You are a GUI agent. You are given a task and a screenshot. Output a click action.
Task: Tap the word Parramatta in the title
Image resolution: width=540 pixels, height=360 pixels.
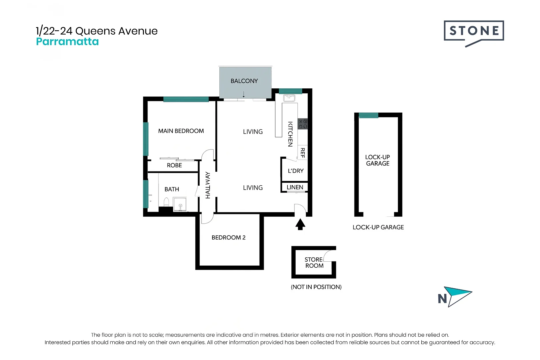[67, 42]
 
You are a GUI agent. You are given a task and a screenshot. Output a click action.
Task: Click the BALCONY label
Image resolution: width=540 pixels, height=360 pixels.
[244, 81]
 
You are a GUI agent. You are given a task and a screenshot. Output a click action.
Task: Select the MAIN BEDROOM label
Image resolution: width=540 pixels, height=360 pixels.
[181, 131]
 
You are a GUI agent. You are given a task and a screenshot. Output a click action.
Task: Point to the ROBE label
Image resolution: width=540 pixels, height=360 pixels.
[174, 165]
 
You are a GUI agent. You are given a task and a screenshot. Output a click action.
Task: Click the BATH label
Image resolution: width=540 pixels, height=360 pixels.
[172, 189]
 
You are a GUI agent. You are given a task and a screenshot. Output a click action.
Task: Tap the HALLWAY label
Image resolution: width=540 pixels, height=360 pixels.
[208, 185]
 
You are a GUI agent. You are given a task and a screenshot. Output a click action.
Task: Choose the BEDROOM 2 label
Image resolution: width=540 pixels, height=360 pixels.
[228, 238]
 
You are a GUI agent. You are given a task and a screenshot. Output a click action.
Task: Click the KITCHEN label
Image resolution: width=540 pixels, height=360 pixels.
[290, 134]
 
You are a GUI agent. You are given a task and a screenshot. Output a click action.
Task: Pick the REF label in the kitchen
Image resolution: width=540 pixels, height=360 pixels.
[302, 153]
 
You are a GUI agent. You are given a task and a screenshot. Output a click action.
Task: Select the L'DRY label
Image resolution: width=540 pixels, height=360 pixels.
[296, 171]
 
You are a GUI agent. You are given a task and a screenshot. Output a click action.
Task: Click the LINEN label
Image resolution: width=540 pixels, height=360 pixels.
[295, 187]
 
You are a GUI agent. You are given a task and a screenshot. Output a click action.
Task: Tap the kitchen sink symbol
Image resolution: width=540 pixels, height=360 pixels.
[289, 98]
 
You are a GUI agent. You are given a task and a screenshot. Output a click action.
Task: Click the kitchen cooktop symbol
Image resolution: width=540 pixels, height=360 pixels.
[303, 124]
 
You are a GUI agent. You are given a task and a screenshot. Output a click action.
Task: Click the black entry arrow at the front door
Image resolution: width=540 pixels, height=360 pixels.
[300, 224]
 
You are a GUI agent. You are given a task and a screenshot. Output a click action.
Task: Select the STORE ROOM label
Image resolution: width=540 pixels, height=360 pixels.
[314, 263]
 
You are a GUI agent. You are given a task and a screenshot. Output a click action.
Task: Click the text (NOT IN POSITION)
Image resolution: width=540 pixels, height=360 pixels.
[316, 287]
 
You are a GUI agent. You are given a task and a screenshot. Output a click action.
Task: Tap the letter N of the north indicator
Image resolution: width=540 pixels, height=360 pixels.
[442, 299]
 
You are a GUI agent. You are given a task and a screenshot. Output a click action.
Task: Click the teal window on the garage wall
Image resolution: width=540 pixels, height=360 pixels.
[368, 115]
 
